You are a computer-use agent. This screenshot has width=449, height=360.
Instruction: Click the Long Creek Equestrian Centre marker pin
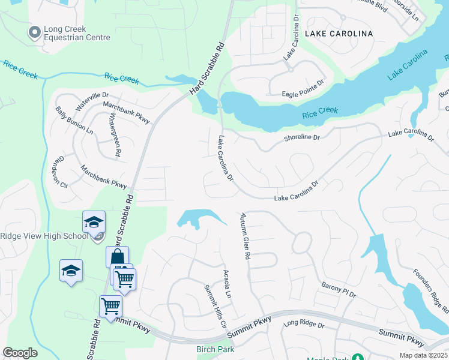[x=35, y=32]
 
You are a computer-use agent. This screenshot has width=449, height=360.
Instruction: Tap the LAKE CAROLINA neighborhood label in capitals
[x=339, y=34]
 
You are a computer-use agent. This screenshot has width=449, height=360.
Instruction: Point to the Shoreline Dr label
[x=302, y=137]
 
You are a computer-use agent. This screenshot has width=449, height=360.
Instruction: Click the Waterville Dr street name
[x=91, y=101]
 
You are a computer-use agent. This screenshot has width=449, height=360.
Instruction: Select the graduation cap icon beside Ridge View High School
[x=94, y=222]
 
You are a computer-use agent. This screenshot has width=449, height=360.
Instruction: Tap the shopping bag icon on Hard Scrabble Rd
[x=117, y=257]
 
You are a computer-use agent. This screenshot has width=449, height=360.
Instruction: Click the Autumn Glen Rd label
[x=244, y=236]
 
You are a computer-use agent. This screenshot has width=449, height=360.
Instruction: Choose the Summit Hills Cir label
[x=214, y=307]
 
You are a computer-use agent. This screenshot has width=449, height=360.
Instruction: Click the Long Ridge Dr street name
[x=304, y=325]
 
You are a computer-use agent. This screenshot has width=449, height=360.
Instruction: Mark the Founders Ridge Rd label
[x=430, y=292]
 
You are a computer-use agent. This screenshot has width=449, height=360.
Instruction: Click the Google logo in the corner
[x=20, y=353]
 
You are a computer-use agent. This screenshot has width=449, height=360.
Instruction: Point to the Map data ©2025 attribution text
[x=423, y=355]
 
